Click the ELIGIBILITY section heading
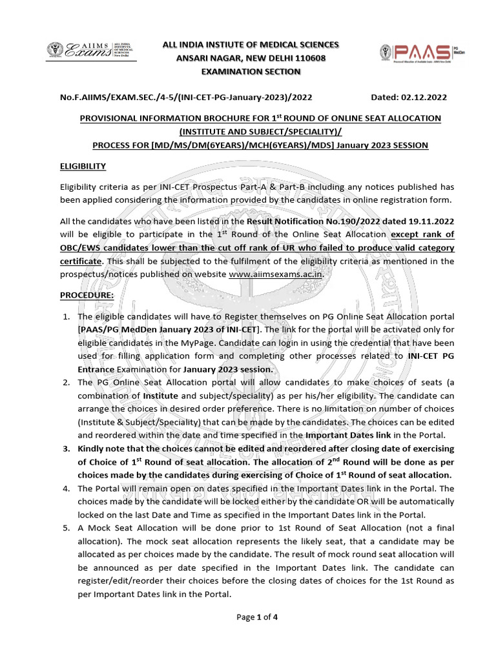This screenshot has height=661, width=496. coord(83,167)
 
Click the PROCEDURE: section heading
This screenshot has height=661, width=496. coord(87,295)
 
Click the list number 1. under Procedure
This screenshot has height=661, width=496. coord(67,317)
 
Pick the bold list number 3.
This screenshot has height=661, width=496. coord(67,449)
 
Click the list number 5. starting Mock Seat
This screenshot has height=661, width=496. coord(67,527)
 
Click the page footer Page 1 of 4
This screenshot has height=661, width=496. coord(257,617)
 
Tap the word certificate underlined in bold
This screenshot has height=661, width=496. coord(80,261)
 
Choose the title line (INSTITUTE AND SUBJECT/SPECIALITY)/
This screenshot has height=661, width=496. coord(260,132)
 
